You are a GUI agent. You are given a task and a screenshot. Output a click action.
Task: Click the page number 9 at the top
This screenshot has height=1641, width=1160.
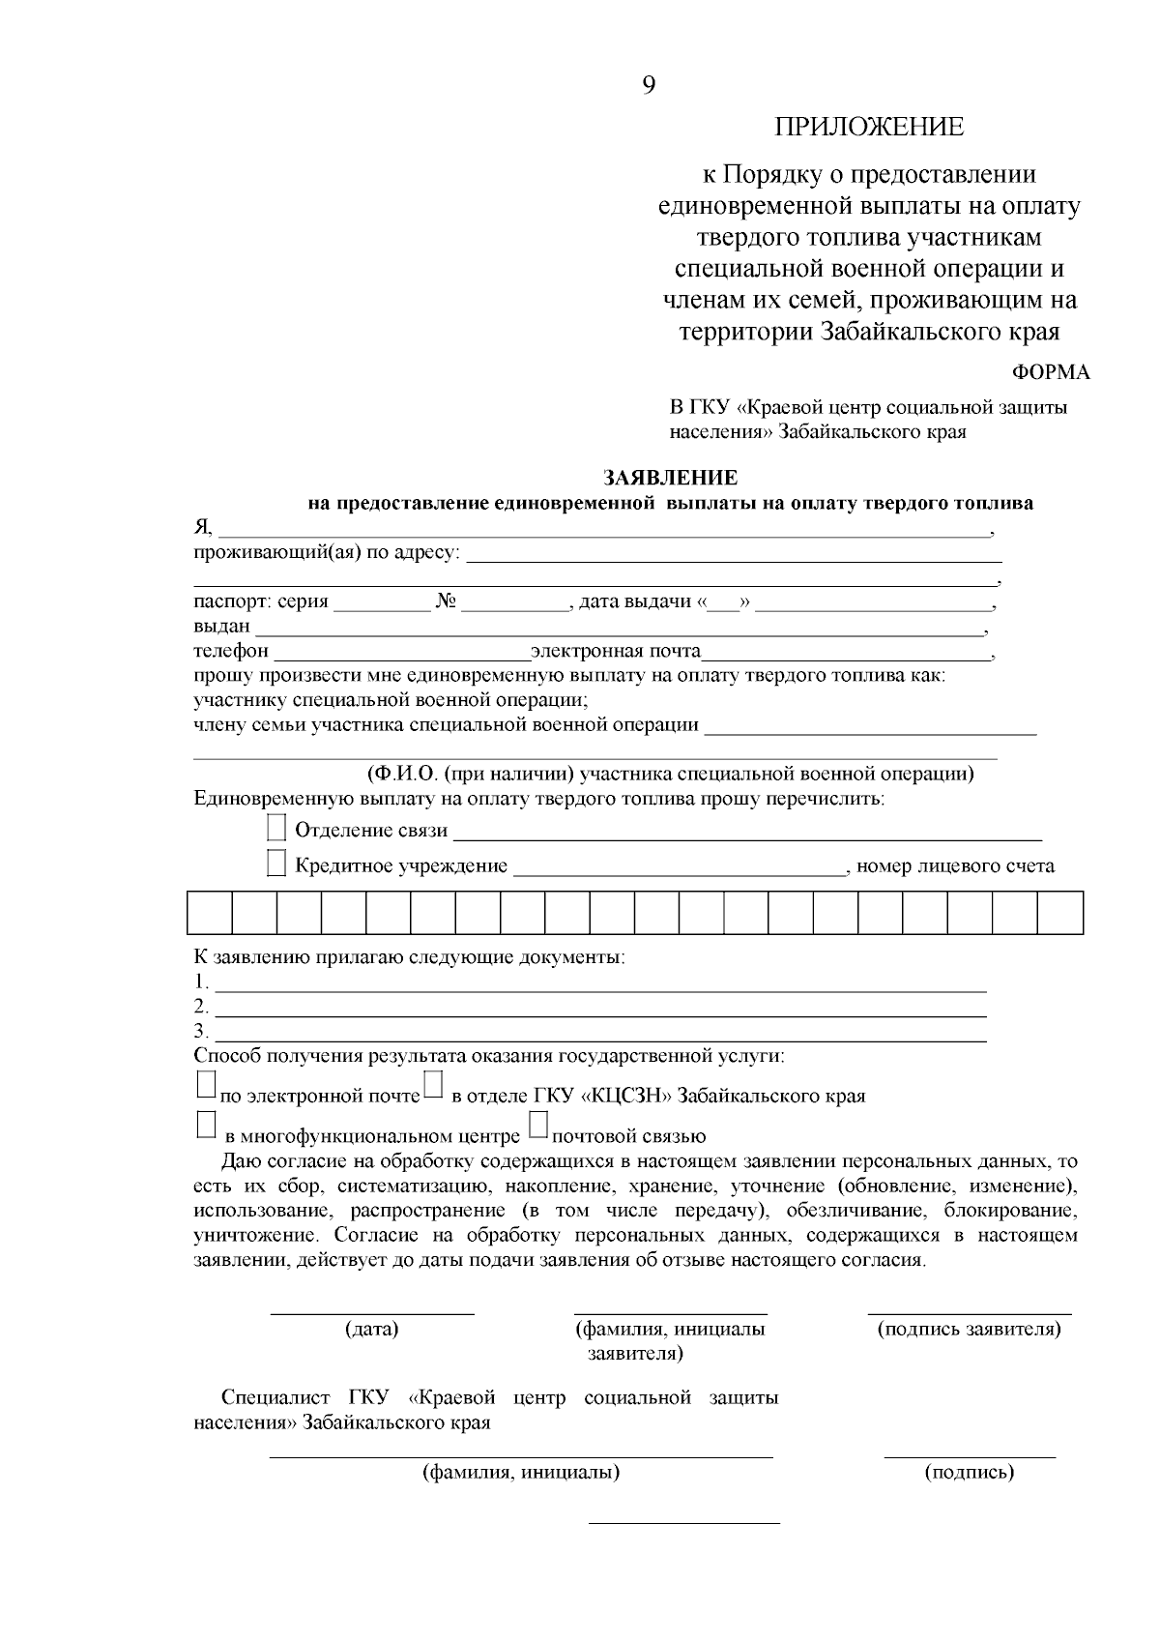[x=648, y=85]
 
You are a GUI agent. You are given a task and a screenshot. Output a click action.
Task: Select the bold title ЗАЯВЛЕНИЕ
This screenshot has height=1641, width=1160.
[x=670, y=478]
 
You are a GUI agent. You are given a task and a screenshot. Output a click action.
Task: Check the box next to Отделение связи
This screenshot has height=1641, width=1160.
[x=276, y=828]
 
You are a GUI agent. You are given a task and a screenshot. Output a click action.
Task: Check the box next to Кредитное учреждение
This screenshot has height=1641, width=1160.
[x=276, y=864]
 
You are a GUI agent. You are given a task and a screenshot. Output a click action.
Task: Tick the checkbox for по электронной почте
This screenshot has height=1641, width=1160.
[x=205, y=1084]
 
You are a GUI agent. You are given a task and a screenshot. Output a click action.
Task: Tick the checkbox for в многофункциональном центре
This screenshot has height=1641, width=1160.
[x=205, y=1125]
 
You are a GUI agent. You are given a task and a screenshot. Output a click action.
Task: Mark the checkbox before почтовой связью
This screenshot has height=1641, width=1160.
[x=538, y=1125]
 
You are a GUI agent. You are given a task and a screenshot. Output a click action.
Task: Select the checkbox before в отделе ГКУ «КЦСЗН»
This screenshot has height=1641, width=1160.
[x=434, y=1084]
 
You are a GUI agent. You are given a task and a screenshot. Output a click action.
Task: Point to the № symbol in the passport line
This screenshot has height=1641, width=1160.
[x=446, y=601]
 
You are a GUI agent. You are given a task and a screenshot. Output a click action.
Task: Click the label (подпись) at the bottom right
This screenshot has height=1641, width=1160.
[x=970, y=1473]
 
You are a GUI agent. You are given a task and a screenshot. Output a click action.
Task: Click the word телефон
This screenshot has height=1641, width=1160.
[x=231, y=651]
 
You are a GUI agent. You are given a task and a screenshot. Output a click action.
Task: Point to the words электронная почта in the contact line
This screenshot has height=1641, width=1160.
[x=616, y=651]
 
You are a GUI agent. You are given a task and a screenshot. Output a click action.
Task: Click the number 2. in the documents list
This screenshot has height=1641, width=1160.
[x=200, y=1006]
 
